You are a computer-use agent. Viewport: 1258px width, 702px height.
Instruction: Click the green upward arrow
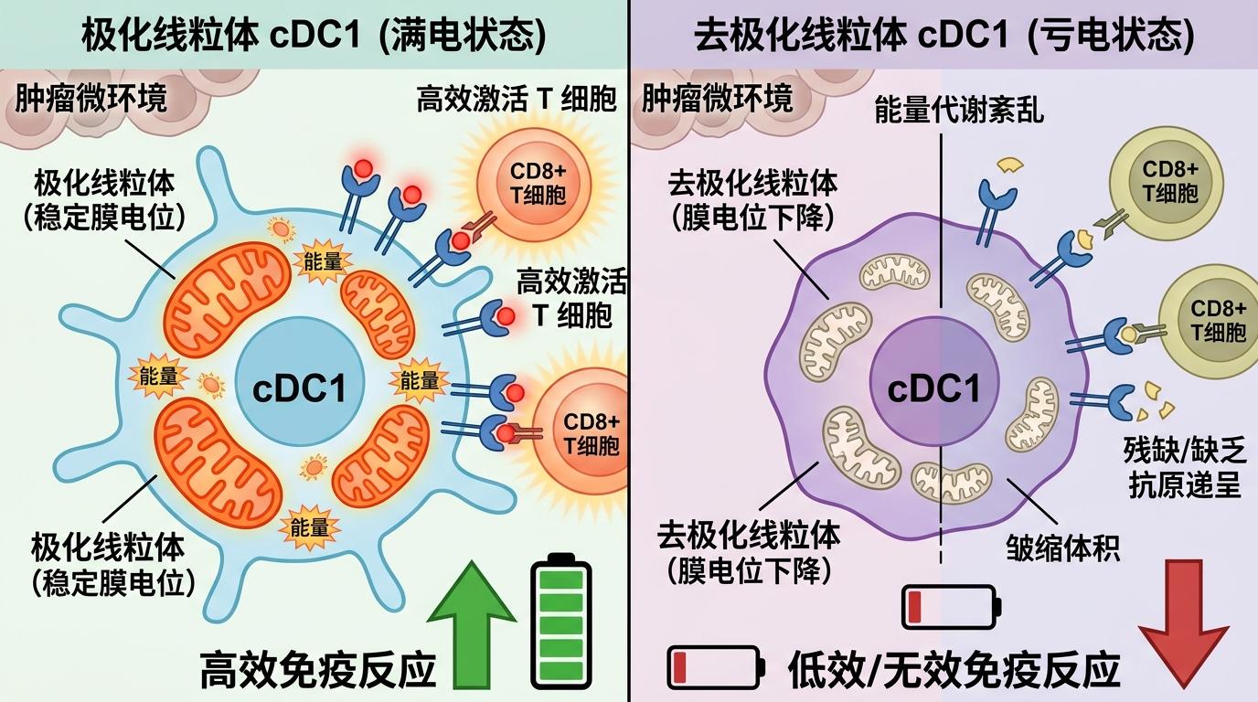(472, 631)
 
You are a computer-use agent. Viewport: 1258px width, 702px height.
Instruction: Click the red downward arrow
(1183, 622)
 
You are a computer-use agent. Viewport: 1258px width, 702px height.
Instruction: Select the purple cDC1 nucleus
(933, 389)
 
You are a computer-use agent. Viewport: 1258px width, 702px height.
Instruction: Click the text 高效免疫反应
(318, 670)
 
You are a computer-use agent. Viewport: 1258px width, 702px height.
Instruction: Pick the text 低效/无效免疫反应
(954, 670)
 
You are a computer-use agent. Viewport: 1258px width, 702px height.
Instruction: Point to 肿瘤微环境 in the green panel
(91, 98)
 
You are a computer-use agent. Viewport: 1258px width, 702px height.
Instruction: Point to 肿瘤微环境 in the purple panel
(718, 98)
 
